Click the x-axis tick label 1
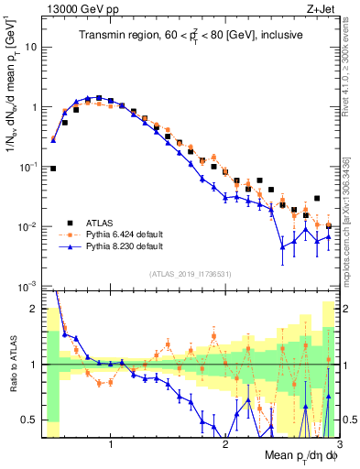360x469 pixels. tap(111, 444)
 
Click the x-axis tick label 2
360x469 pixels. tap(225, 444)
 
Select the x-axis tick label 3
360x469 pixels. tap(339, 444)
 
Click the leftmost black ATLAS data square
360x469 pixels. tap(53, 169)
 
